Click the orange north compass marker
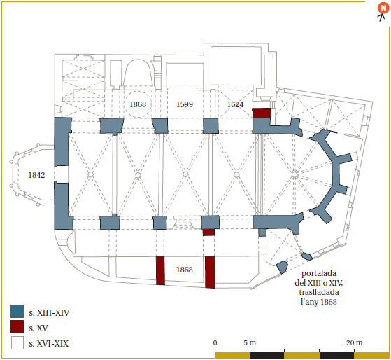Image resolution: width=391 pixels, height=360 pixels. tap(383, 8)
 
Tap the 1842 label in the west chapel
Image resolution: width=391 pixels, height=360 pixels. tap(36, 175)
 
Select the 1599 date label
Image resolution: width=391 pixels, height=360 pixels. tap(185, 104)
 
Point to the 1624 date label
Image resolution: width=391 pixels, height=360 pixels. tap(235, 104)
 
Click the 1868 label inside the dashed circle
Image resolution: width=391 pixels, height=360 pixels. tap(138, 104)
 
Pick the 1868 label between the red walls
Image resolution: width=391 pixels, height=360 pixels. tap(185, 270)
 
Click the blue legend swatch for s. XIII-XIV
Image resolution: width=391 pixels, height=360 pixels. tap(17, 311)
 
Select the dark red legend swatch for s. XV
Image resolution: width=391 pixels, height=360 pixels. tap(17, 327)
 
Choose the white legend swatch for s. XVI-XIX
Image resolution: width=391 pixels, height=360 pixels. tap(17, 342)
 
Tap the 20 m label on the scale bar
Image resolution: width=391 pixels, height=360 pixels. tap(354, 343)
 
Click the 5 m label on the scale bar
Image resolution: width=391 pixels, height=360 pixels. tap(250, 343)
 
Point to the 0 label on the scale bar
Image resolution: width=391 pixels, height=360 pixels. tap(215, 343)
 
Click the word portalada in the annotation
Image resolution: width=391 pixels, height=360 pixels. tap(319, 273)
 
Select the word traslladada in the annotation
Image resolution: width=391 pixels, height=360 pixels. tap(319, 292)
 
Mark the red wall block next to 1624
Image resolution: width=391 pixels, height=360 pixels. tap(262, 113)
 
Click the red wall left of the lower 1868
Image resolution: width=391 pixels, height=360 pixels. tap(160, 270)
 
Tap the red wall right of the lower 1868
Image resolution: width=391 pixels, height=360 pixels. tap(210, 272)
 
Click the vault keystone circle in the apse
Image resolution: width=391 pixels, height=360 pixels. tap(294, 174)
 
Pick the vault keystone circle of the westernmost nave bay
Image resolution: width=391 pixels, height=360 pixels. tap(90, 174)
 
